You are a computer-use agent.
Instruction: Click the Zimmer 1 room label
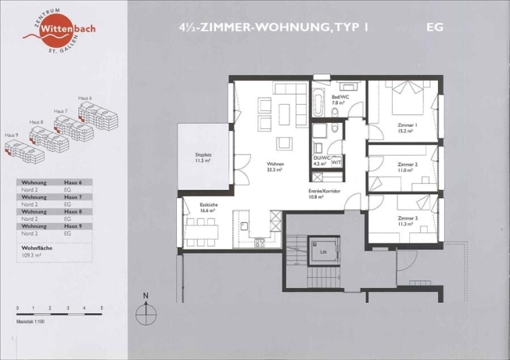coord(406,128)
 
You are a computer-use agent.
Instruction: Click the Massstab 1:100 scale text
coord(32,322)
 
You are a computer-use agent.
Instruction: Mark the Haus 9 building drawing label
coord(11,135)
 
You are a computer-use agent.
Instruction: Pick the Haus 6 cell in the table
coord(74,182)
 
